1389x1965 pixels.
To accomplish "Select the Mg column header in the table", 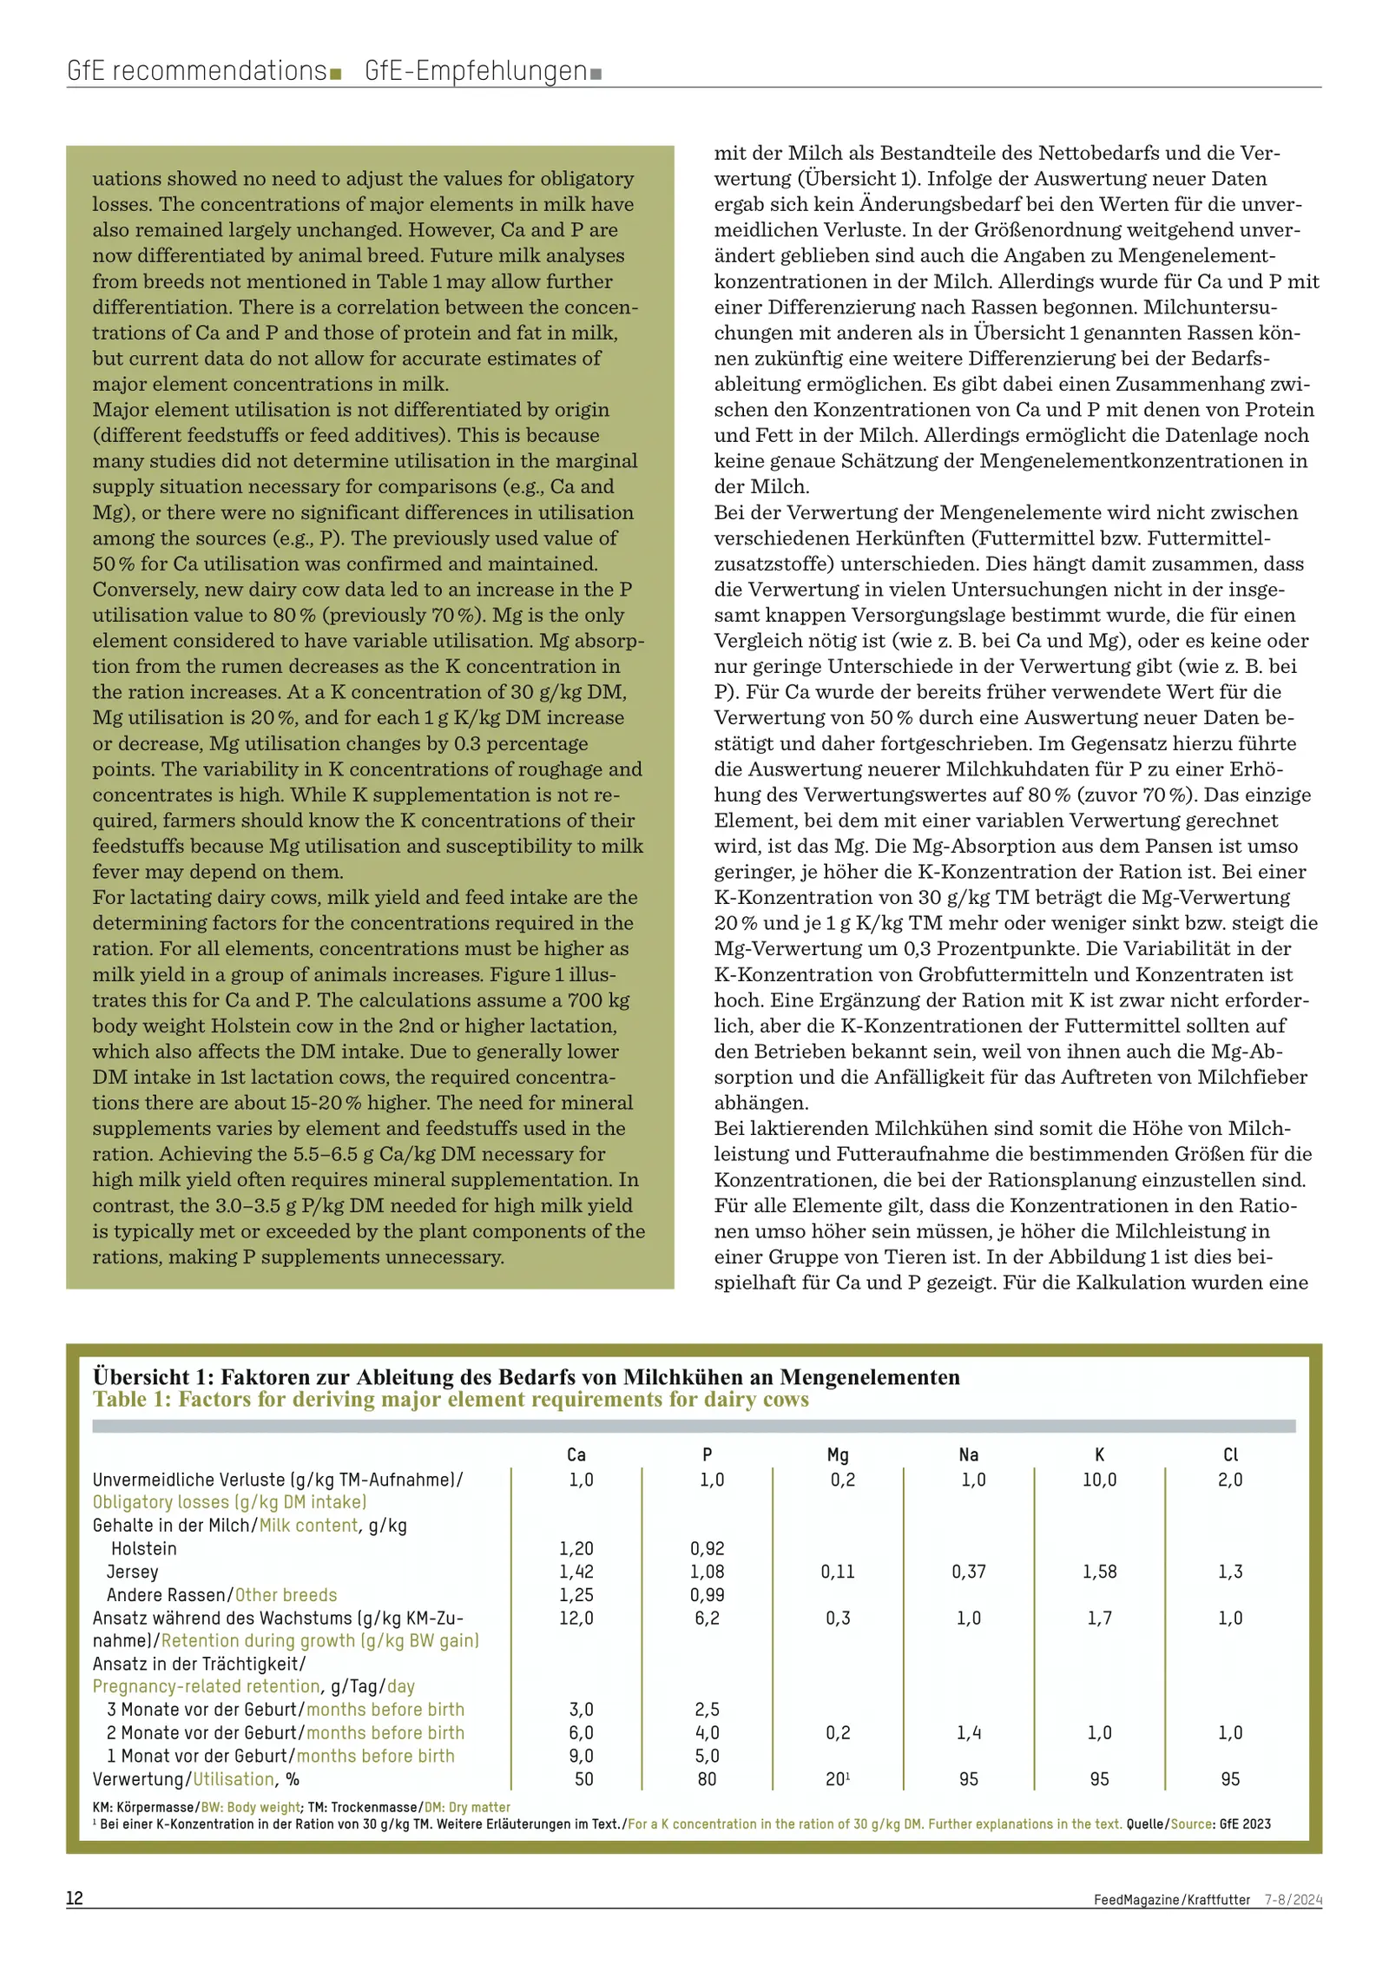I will [x=838, y=1454].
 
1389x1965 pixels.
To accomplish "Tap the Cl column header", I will [x=1230, y=1454].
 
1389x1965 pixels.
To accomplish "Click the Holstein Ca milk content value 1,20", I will [x=576, y=1548].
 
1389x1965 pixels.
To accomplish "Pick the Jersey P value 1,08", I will [x=707, y=1572].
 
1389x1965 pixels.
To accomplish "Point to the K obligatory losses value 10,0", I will [x=1099, y=1480].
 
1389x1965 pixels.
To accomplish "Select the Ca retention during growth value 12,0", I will [x=576, y=1618].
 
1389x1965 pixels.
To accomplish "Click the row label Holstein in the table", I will [x=143, y=1548].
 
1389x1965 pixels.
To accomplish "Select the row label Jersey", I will [x=133, y=1572].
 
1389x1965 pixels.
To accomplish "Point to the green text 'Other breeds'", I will [x=286, y=1595].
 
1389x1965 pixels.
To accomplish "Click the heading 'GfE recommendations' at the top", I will [x=196, y=70].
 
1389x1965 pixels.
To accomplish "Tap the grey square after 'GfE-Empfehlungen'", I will [x=596, y=75].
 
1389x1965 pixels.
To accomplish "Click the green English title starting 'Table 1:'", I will [x=451, y=1399].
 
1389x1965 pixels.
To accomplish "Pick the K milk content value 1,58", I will [x=1099, y=1572].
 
